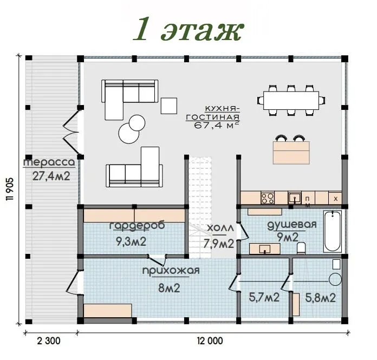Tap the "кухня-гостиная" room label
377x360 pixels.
click(x=213, y=113)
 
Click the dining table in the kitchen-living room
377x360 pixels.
click(x=291, y=100)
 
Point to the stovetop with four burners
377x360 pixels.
click(x=268, y=198)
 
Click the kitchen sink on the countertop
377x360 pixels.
click(x=295, y=198)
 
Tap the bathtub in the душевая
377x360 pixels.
click(x=333, y=231)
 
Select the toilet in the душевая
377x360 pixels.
click(x=301, y=248)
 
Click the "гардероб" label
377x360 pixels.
click(x=137, y=226)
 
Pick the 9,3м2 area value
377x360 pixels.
click(x=131, y=241)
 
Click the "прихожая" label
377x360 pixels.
click(x=171, y=271)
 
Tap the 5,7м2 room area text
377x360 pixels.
click(x=264, y=298)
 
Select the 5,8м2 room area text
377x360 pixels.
click(x=320, y=298)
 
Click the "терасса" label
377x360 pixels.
click(x=49, y=162)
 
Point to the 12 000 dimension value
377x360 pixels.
click(x=210, y=341)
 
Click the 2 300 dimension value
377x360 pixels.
click(x=49, y=341)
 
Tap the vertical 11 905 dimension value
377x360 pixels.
click(x=10, y=189)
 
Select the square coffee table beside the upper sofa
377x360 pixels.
click(x=169, y=106)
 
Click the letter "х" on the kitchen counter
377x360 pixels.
click(x=336, y=199)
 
